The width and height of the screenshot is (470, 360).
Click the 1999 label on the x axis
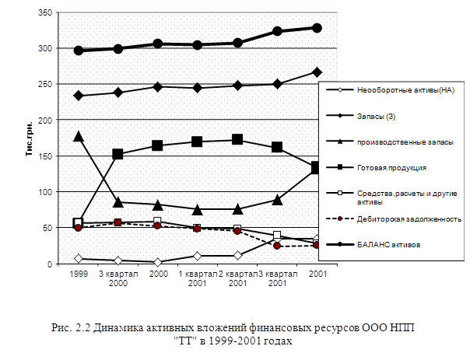[x=78, y=274]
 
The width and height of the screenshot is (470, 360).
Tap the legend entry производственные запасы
[x=400, y=142]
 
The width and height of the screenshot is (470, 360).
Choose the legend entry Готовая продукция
[x=391, y=167]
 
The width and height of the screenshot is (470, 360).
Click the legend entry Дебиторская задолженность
[x=409, y=218]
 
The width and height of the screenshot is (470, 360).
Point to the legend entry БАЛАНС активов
[x=390, y=244]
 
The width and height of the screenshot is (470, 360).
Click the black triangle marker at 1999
[x=78, y=136]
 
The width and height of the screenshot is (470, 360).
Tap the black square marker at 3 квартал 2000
[x=118, y=154]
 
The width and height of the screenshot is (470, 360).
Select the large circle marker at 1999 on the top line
[x=78, y=51]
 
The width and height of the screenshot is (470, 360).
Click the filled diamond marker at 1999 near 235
[x=78, y=96]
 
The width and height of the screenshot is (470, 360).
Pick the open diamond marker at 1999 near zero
[x=78, y=258]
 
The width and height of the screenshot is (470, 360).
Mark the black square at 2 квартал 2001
[x=237, y=140]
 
